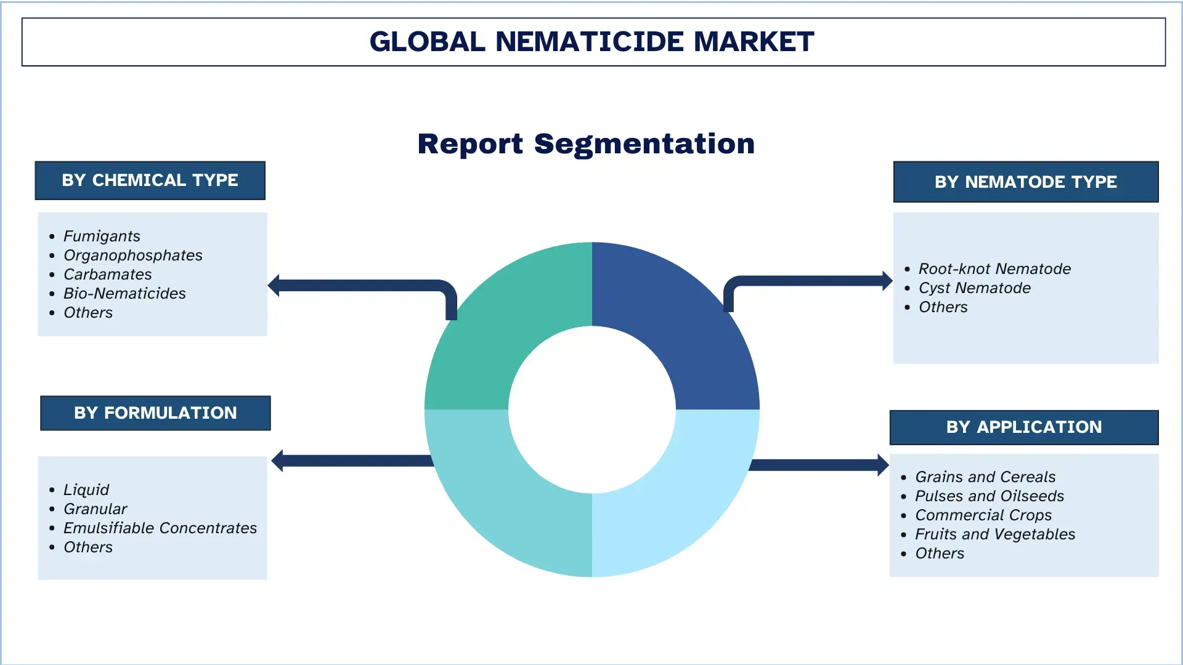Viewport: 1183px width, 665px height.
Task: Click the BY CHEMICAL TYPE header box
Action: point(150,180)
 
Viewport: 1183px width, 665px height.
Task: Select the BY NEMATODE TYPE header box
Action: point(1025,182)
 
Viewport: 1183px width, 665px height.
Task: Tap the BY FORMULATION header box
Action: point(155,413)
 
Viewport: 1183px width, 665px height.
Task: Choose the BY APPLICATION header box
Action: point(1023,427)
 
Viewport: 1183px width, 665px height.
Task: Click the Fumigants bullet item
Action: point(102,236)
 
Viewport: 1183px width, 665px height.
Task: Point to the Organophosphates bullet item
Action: point(132,256)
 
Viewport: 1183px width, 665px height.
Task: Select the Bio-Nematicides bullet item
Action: point(124,294)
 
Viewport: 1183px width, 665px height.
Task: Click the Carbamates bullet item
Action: point(107,275)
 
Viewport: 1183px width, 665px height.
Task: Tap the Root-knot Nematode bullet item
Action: point(994,269)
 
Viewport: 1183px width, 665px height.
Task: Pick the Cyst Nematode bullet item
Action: point(974,288)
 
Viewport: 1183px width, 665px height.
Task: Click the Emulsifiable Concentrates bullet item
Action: point(160,528)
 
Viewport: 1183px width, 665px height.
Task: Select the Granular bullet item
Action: point(95,509)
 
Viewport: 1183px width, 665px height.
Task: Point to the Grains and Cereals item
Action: point(985,477)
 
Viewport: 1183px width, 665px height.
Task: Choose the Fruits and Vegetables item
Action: point(994,534)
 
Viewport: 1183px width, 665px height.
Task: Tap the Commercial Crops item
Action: point(983,515)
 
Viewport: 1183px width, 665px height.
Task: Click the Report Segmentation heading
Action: point(586,144)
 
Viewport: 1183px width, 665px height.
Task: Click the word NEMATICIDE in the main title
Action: point(590,42)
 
